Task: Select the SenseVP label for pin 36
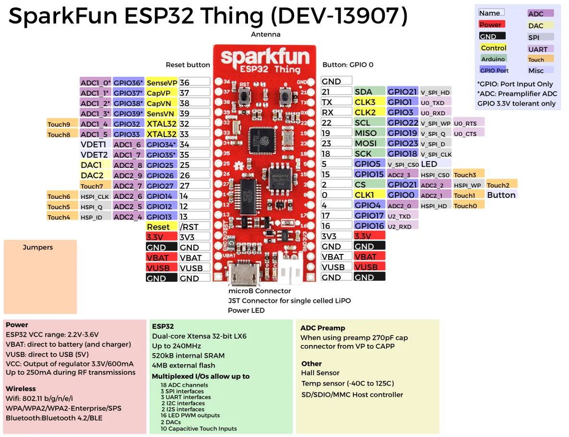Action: pos(162,83)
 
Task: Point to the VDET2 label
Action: pos(95,155)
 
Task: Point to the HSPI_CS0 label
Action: pos(435,175)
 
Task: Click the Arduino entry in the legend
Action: pos(493,59)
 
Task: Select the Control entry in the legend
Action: pos(493,48)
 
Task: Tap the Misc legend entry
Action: pos(536,70)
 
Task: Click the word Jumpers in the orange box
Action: pos(38,248)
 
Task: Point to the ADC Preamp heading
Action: pos(322,328)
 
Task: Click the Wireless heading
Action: pos(21,389)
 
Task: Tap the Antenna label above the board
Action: pos(265,34)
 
